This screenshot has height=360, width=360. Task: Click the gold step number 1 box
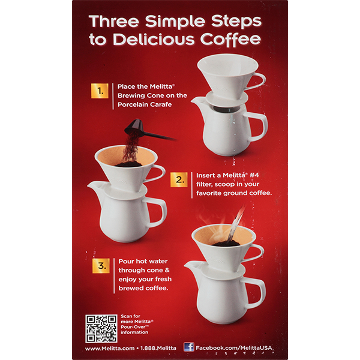point(100,91)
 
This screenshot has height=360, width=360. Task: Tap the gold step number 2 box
point(179,179)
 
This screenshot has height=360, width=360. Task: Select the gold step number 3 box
point(101,266)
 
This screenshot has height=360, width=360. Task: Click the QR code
point(101,329)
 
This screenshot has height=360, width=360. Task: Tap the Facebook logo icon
point(189,347)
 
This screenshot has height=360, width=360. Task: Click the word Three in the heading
point(114,21)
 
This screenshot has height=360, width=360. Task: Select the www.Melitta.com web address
point(110,348)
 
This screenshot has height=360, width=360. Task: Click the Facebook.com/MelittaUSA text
point(233,348)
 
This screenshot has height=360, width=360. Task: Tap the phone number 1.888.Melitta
point(158,348)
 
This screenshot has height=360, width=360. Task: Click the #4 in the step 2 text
point(254,175)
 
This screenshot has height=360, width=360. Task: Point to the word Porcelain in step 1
point(132,104)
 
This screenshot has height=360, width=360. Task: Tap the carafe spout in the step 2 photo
point(94,187)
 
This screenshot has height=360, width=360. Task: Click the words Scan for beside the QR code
point(130,316)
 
